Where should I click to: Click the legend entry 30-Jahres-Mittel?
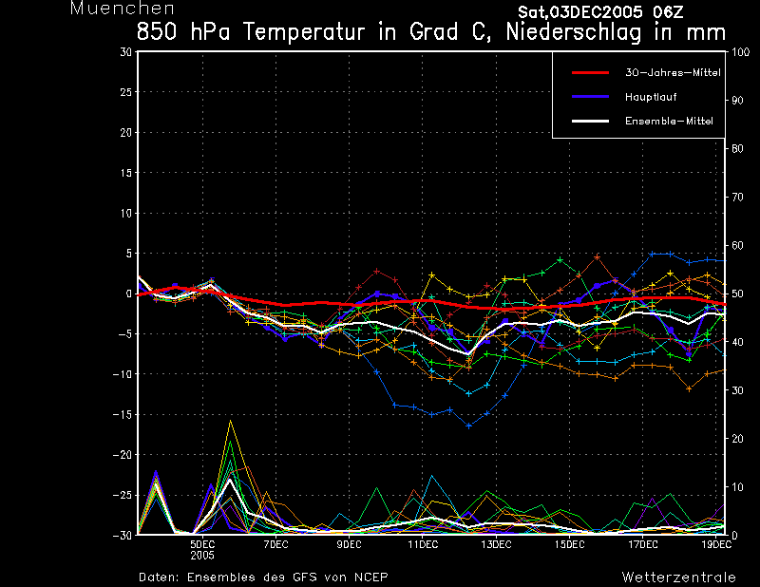click(673, 73)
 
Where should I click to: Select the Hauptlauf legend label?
click(651, 97)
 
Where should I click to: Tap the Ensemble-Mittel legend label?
click(669, 122)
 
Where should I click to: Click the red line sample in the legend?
click(590, 73)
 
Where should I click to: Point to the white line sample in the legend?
click(590, 122)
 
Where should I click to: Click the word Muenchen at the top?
click(123, 9)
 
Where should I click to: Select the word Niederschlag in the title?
click(574, 32)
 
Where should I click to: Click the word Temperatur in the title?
click(303, 32)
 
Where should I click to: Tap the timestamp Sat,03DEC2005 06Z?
click(600, 12)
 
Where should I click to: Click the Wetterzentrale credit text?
click(679, 578)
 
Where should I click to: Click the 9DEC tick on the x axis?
click(349, 544)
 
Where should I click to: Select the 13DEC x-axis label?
click(496, 544)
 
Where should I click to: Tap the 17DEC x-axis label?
click(643, 544)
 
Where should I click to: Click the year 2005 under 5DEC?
click(202, 556)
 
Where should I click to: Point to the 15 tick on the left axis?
click(126, 173)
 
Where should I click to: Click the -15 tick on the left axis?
click(123, 415)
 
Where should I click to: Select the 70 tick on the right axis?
click(737, 198)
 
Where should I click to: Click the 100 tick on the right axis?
click(740, 52)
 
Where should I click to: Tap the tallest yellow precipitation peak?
click(231, 421)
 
